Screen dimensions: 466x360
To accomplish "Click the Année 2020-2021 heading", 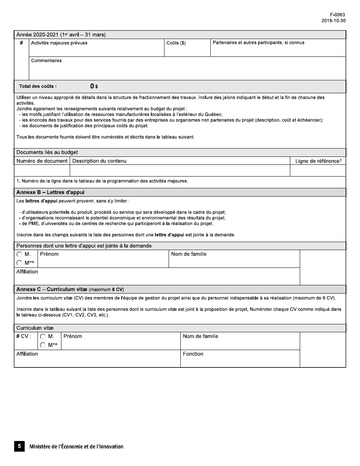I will pyautogui.click(x=61, y=35).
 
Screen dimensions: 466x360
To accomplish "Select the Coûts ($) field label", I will pyautogui.click(x=176, y=43).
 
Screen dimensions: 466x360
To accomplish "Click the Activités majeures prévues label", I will pyautogui.click(x=59, y=43).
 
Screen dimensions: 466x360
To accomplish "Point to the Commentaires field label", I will pyautogui.click(x=46, y=61).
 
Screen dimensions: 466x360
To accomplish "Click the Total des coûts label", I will pyautogui.click(x=38, y=86).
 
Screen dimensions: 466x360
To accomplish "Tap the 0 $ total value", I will pyautogui.click(x=94, y=86).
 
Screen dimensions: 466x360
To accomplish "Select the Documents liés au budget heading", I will pyautogui.click(x=47, y=152).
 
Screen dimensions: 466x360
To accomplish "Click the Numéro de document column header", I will pyautogui.click(x=42, y=161).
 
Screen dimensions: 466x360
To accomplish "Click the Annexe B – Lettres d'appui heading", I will pyautogui.click(x=50, y=192).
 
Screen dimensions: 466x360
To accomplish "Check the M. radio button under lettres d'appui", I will pyautogui.click(x=19, y=255).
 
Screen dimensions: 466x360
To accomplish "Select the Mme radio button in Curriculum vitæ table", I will pyautogui.click(x=43, y=345).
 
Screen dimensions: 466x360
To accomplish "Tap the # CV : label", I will pyautogui.click(x=23, y=336).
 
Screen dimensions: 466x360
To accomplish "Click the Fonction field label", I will pyautogui.click(x=193, y=354).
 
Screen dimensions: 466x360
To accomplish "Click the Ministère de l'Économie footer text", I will pyautogui.click(x=76, y=447).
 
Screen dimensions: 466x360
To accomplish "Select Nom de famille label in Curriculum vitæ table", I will pyautogui.click(x=200, y=336).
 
